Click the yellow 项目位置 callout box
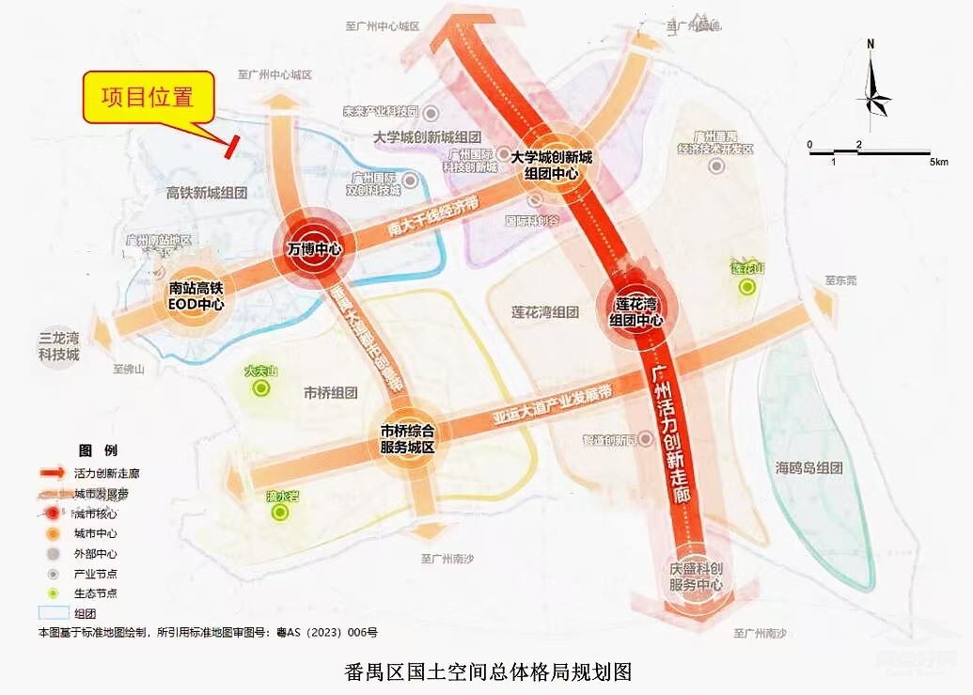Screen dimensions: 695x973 [149, 98]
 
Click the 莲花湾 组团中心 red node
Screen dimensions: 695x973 [636, 311]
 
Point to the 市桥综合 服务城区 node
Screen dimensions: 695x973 [407, 439]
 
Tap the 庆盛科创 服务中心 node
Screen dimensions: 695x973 [695, 577]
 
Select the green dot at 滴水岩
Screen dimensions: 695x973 [278, 513]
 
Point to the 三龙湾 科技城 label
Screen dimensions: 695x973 [59, 347]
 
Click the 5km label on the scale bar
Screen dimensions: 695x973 [938, 162]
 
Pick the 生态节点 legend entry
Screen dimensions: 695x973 [98, 593]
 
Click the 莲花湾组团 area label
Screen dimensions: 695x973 [544, 312]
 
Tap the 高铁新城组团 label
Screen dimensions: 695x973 [207, 193]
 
